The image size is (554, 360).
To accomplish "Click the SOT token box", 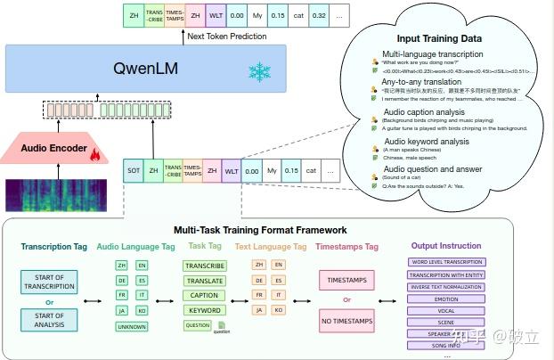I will pyautogui.click(x=134, y=169).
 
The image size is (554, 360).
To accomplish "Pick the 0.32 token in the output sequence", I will pyautogui.click(x=318, y=15).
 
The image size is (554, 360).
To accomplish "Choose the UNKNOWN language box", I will pyautogui.click(x=132, y=326).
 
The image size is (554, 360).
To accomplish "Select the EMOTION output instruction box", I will pyautogui.click(x=446, y=299).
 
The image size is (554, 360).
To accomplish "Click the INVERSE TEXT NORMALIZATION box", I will pyautogui.click(x=446, y=286).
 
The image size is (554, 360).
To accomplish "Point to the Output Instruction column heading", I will pyautogui.click(x=446, y=246).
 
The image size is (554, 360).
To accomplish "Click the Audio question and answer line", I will pyautogui.click(x=431, y=168).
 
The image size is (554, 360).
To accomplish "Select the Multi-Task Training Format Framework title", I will pyautogui.click(x=260, y=230).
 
